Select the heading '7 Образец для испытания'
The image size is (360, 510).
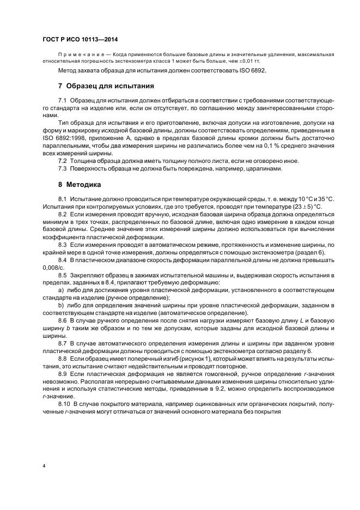click(106, 86)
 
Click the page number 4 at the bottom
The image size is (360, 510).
click(44, 466)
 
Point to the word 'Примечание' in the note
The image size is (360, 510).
click(80, 55)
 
